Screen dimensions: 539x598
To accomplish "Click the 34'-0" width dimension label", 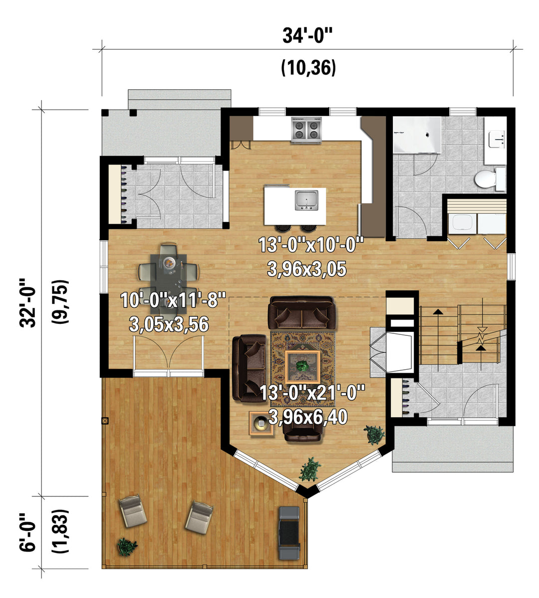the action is [x=308, y=36].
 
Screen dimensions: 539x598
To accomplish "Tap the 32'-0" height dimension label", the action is [x=28, y=303].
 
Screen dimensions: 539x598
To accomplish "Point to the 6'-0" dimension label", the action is [x=28, y=532].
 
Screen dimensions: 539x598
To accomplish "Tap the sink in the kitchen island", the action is [x=306, y=200].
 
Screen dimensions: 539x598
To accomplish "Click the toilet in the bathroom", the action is [x=490, y=179].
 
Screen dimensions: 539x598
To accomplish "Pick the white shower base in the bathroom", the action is [x=417, y=135].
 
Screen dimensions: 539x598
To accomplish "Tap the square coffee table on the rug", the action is [x=303, y=367].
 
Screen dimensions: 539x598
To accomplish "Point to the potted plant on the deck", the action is [x=127, y=546].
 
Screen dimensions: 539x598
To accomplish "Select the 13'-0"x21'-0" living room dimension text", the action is [x=312, y=392].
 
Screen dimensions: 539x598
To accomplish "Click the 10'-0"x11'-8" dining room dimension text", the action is [x=173, y=299].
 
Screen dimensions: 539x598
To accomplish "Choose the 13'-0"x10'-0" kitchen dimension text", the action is [x=311, y=245].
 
